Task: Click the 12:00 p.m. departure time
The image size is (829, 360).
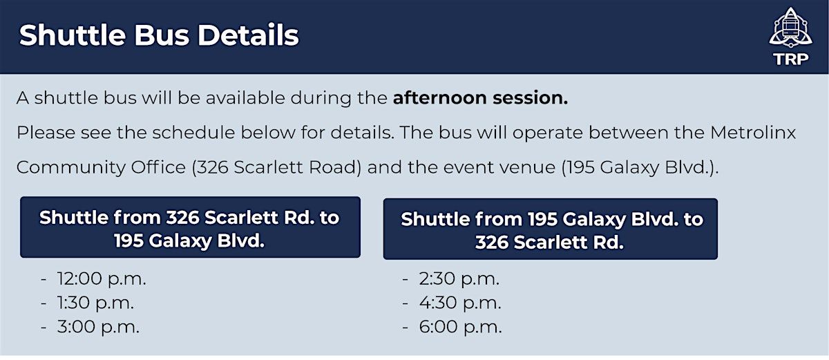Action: pyautogui.click(x=102, y=278)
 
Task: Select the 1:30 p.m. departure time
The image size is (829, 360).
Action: pyautogui.click(x=95, y=303)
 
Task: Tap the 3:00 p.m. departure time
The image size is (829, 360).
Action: pyautogui.click(x=98, y=327)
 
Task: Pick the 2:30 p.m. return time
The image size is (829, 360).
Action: pyautogui.click(x=459, y=278)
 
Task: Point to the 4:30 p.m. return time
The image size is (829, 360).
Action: pyautogui.click(x=460, y=303)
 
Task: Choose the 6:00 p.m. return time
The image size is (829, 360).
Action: pyautogui.click(x=460, y=327)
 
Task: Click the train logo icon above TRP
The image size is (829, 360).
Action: pyautogui.click(x=790, y=28)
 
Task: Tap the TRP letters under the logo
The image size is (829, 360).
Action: pyautogui.click(x=791, y=59)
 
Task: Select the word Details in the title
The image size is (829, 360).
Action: pyautogui.click(x=248, y=35)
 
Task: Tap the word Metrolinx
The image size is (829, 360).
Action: pyautogui.click(x=753, y=133)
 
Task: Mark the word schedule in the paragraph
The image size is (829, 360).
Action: pyautogui.click(x=193, y=133)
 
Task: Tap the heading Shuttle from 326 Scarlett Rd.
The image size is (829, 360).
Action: pyautogui.click(x=189, y=229)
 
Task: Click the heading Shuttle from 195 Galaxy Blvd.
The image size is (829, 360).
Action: pyautogui.click(x=551, y=231)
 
